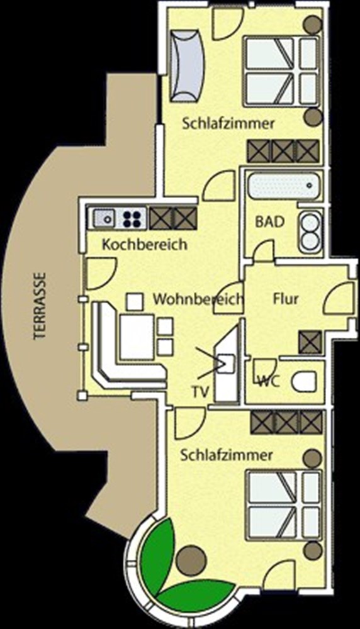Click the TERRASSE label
[x=40, y=306]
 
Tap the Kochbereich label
[x=145, y=244]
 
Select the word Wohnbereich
[x=198, y=299]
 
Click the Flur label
[x=286, y=299]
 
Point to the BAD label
[x=270, y=222]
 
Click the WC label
[x=269, y=381]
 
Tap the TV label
[x=200, y=392]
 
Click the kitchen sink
[x=104, y=218]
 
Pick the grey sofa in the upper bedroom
[x=187, y=65]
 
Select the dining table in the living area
[x=137, y=337]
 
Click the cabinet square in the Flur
[x=310, y=342]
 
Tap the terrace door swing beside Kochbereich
[x=101, y=274]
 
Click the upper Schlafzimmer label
[x=228, y=123]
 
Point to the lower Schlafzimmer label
[x=227, y=455]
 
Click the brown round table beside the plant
[x=191, y=560]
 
